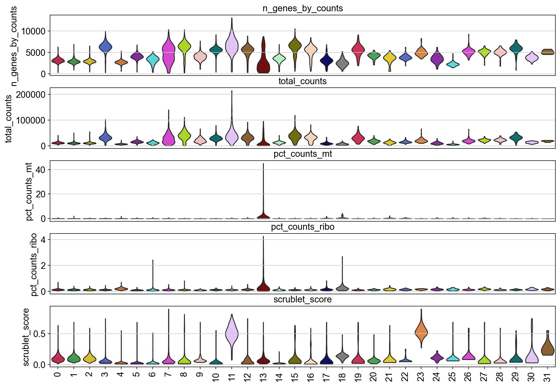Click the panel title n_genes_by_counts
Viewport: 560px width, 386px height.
tap(303, 8)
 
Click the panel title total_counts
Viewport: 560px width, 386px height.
tap(303, 81)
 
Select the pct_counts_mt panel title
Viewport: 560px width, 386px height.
tap(303, 154)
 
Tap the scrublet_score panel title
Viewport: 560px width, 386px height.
tap(303, 299)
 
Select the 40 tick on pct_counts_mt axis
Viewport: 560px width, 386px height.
tap(41, 170)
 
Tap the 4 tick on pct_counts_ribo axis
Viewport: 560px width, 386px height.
tap(44, 240)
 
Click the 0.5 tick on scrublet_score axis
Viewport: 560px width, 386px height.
tap(39, 334)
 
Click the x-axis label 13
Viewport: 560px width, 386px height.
tap(263, 377)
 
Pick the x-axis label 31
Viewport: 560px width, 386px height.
tap(547, 377)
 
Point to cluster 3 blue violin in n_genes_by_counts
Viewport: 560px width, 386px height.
tap(105, 46)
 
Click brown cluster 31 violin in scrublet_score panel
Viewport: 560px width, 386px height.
tap(547, 349)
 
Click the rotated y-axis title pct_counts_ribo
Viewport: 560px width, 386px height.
tap(34, 264)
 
